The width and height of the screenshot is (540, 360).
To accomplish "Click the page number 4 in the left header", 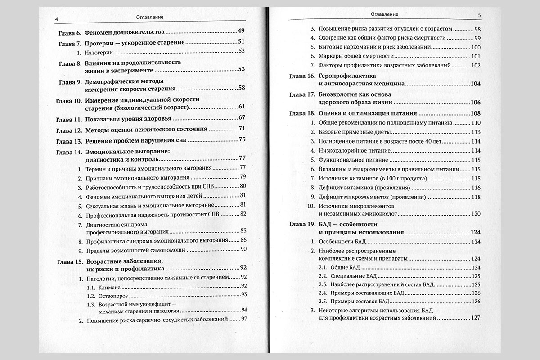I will pos(55,18).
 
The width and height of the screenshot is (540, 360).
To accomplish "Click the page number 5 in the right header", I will pos(480,15).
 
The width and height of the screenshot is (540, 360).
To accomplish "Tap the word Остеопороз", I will pos(113,295).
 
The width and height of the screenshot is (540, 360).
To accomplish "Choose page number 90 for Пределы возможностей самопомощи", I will pos(243,249).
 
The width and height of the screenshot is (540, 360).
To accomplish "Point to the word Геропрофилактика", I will pos(346,76).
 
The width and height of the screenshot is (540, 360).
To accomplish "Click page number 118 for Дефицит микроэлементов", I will pos(477,197).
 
